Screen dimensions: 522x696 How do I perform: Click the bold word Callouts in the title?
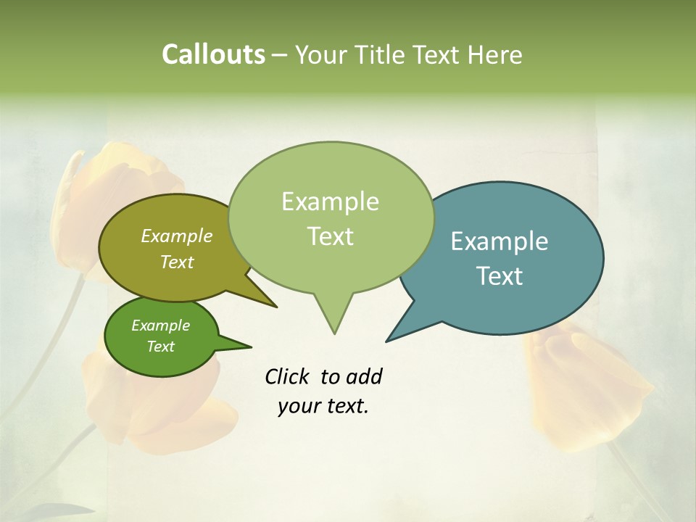coord(213,55)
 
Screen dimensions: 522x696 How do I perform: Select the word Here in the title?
coord(495,55)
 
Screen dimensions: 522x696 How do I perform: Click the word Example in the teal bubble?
coord(500,241)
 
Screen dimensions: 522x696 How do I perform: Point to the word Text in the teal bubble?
coord(500,276)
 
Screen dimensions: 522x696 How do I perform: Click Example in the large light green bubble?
coord(330,202)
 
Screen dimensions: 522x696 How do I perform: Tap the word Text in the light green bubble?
coord(330,236)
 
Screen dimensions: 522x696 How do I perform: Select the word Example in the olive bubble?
coord(177,236)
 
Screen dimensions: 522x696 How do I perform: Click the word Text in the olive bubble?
coord(177,262)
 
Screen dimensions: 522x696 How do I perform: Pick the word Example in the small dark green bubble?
coord(160,326)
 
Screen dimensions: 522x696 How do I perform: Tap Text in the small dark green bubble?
coord(160,347)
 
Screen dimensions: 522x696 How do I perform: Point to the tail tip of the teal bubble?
coord(387,341)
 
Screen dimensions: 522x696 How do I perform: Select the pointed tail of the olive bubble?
coord(275,306)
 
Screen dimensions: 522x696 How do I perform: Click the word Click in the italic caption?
coord(287,376)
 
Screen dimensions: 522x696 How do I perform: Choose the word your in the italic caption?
coord(299,406)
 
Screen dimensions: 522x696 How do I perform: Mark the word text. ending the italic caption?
coord(346,406)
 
